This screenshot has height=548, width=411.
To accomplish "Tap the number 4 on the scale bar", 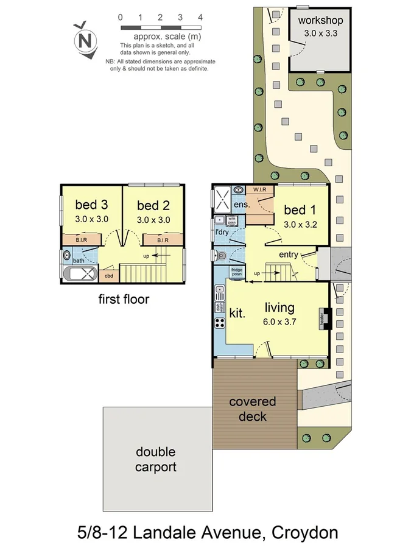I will [x=200, y=17].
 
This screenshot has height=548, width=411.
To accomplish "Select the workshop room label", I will [x=320, y=21].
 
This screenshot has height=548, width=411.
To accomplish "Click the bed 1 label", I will [x=300, y=210].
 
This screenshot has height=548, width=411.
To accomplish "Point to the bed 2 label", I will [x=153, y=205].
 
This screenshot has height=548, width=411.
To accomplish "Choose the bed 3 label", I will [x=91, y=204].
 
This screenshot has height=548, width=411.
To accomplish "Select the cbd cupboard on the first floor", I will [x=109, y=276].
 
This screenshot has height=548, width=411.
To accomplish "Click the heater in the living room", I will [x=325, y=318].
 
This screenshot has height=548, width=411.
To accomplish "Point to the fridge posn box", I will [x=237, y=272].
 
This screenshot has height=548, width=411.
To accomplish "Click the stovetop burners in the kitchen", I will [x=219, y=339].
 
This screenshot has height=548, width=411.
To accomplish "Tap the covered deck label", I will [x=253, y=409].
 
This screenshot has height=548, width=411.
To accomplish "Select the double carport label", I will [x=155, y=460].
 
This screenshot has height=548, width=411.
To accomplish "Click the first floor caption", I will [x=124, y=299].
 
